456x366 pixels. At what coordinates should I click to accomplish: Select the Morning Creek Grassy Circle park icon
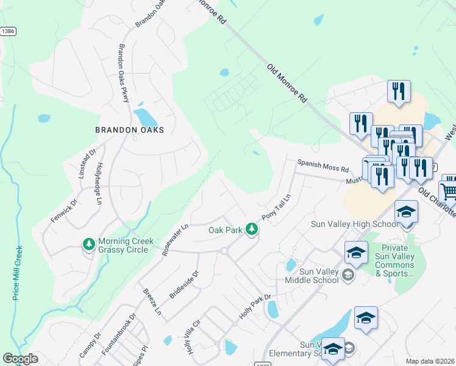[x=88, y=244]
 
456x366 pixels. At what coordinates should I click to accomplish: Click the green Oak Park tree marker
[x=251, y=229]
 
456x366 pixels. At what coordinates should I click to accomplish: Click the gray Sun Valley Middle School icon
[x=347, y=275]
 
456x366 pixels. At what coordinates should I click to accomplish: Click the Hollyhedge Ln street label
[x=98, y=182]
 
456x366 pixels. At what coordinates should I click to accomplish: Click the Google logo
[x=20, y=359]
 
